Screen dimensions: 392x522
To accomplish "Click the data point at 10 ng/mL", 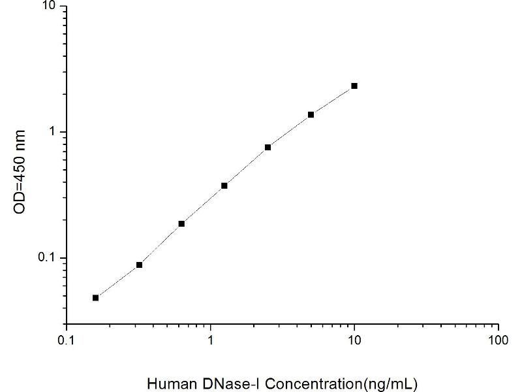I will click(354, 86).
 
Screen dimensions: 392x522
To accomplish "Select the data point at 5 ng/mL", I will click(311, 114).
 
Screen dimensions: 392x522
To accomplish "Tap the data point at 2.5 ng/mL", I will click(268, 147).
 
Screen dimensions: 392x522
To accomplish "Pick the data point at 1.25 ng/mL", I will click(224, 186).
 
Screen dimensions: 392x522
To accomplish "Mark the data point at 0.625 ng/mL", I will click(181, 223).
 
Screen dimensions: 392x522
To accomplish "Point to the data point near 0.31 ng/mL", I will click(139, 265).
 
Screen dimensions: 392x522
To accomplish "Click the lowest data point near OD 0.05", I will click(96, 297).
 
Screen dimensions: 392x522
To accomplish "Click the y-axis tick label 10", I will click(50, 7).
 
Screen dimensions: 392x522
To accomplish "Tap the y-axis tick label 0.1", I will click(48, 258).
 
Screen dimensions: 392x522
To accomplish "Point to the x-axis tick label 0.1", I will click(65, 341).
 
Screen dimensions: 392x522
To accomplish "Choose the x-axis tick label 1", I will click(210, 341).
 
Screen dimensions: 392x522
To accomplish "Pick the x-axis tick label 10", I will click(354, 341).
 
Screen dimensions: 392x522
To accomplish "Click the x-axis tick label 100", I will click(498, 341).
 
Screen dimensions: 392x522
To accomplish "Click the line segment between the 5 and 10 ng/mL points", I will click(333, 100).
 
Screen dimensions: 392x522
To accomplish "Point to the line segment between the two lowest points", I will click(117, 281).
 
